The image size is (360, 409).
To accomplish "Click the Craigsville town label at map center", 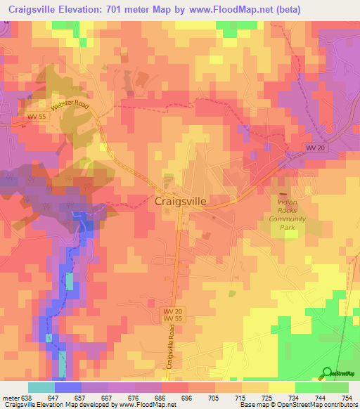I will click(180, 201).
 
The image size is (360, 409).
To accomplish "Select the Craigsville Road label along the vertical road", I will click(171, 349).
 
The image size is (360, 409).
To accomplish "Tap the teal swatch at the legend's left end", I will click(41, 387).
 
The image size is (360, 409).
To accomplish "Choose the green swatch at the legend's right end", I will click(335, 387).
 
